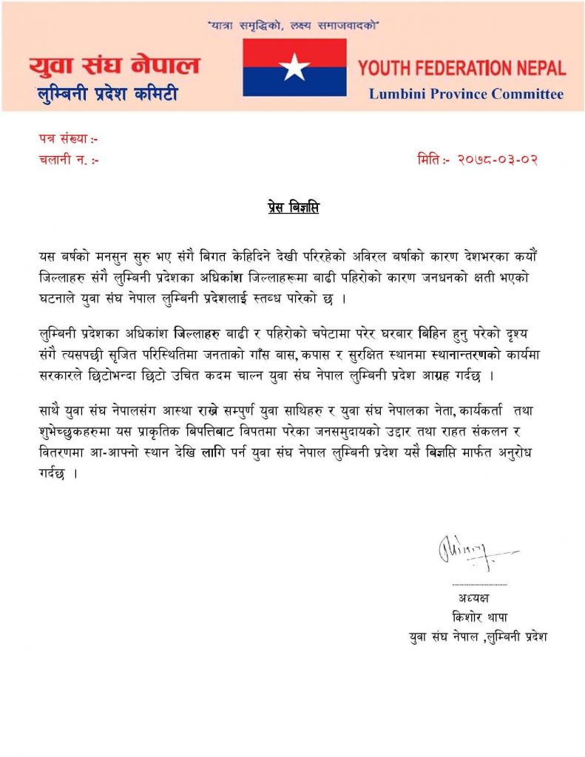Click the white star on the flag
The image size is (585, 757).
tap(294, 68)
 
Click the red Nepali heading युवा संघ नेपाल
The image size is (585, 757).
tap(115, 67)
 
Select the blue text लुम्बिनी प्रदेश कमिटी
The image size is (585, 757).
tap(107, 94)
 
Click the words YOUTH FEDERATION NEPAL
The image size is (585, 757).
tap(461, 69)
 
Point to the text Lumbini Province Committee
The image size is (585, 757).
tap(466, 94)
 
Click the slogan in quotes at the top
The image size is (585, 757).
tap(294, 26)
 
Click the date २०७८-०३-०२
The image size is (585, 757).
tap(497, 159)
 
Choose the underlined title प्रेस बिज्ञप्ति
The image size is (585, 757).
tap(293, 208)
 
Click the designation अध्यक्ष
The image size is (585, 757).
tap(473, 597)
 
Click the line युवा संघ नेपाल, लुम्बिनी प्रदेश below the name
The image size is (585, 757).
tap(478, 636)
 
